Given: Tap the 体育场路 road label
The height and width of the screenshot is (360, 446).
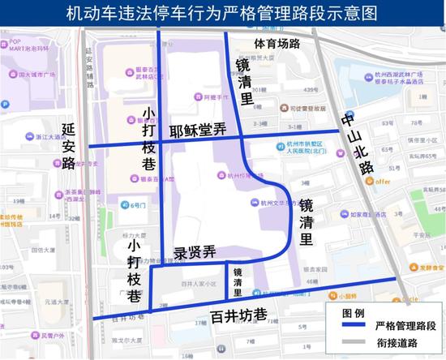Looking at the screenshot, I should pos(277,43).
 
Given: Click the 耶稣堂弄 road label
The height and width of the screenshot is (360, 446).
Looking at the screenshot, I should pos(198,131).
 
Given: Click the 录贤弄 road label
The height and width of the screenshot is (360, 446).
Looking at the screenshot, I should pos(195,252).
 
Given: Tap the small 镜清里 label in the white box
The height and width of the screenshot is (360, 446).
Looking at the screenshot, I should pos(238,281).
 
